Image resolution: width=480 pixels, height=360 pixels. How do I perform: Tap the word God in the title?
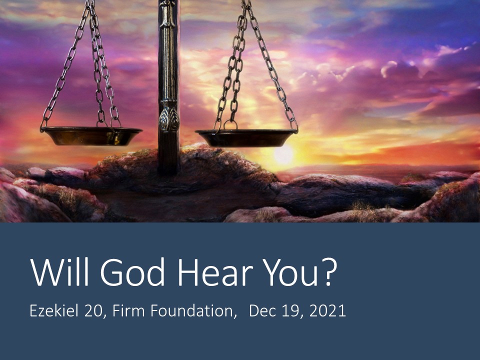[x=131, y=271]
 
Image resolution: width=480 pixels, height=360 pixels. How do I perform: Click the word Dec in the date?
[x=260, y=311]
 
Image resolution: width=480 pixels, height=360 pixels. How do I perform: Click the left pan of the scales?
[x=91, y=135]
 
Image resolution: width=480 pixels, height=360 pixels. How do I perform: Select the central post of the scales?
[x=168, y=65]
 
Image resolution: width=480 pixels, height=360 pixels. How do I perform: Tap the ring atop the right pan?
[x=230, y=124]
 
